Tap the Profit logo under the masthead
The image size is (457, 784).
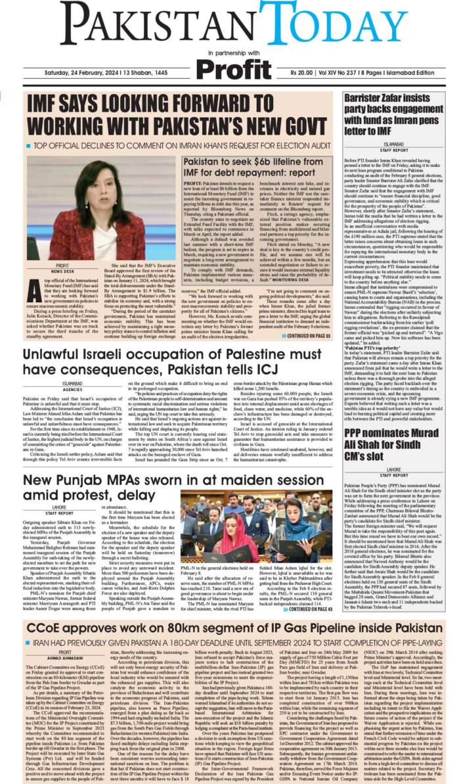click(x=234, y=68)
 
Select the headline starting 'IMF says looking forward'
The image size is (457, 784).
click(x=171, y=114)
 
